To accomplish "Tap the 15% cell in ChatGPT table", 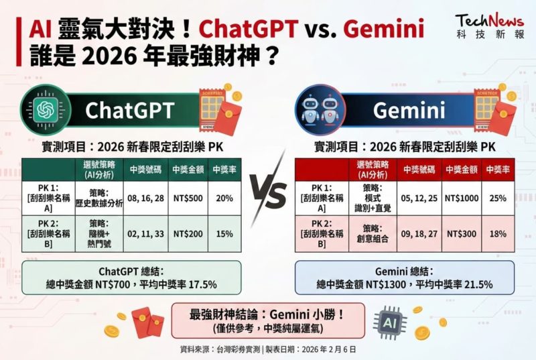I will coord(224,234).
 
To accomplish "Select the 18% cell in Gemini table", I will coord(498,233).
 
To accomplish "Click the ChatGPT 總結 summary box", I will coord(131,278).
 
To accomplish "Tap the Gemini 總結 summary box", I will coord(405,278).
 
